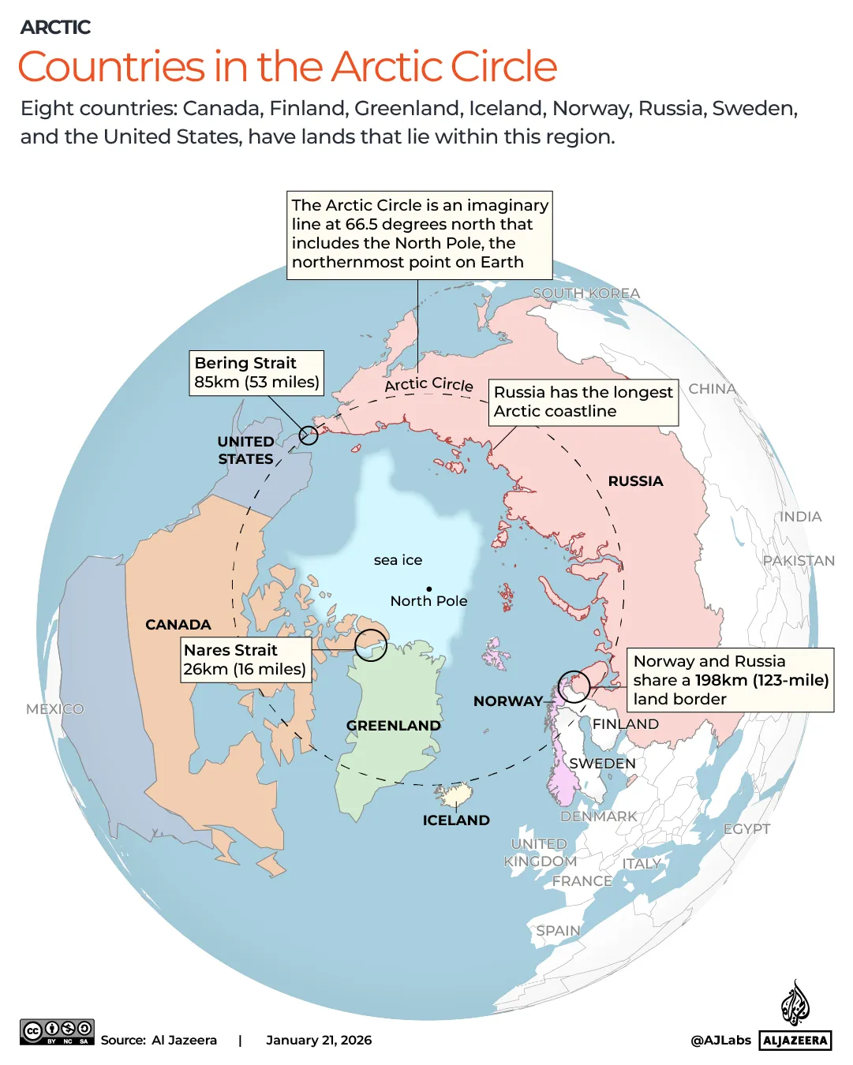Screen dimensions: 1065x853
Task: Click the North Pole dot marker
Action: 429,589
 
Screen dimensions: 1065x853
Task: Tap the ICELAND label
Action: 456,820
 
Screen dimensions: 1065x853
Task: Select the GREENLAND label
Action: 393,726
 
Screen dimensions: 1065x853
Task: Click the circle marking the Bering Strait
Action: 309,435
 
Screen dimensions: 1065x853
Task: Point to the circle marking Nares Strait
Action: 371,645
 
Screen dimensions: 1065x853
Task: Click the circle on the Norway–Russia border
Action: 574,686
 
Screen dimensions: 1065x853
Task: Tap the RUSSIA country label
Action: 635,481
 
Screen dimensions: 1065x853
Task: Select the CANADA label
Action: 178,625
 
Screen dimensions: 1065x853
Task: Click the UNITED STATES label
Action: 246,450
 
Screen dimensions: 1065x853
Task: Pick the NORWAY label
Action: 508,701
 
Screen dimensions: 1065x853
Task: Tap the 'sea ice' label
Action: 398,560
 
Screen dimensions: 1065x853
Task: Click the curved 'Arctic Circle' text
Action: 429,384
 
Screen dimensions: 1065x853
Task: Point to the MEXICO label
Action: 54,709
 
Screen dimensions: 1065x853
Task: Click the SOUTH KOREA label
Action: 586,293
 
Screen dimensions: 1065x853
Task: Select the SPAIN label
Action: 558,931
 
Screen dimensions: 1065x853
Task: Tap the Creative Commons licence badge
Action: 57,1032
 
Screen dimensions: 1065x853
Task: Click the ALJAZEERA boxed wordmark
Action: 795,1041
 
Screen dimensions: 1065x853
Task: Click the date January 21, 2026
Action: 319,1041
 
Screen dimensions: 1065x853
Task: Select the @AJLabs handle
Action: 720,1041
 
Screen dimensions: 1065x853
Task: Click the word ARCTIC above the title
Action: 55,28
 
